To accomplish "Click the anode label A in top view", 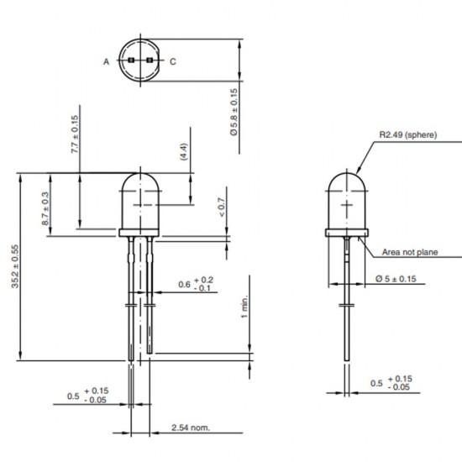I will pos(107,62).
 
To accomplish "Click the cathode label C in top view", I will pos(173,62).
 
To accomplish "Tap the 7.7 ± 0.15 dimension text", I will pos(75,134).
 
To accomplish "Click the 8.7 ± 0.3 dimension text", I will pos(45,207).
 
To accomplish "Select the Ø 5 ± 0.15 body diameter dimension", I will pos(395,278).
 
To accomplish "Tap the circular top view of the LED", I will pos(140,61).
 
